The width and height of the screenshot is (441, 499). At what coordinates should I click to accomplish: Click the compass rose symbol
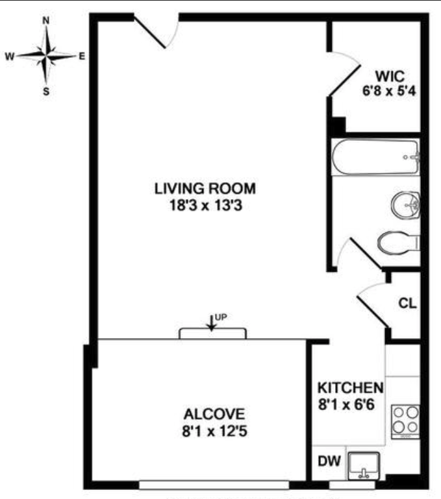pyautogui.click(x=46, y=56)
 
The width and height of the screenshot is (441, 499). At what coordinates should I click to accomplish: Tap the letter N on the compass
pyautogui.click(x=46, y=20)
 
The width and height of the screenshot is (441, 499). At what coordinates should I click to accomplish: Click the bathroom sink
pyautogui.click(x=407, y=207)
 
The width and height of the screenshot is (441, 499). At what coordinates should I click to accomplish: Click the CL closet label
pyautogui.click(x=407, y=303)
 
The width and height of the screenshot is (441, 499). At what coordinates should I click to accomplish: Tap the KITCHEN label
pyautogui.click(x=349, y=388)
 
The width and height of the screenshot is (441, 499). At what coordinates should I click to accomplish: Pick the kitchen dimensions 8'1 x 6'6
pyautogui.click(x=349, y=404)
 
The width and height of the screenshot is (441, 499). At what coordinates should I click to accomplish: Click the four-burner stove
pyautogui.click(x=405, y=420)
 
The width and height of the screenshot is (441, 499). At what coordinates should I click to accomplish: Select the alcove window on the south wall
pyautogui.click(x=214, y=484)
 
